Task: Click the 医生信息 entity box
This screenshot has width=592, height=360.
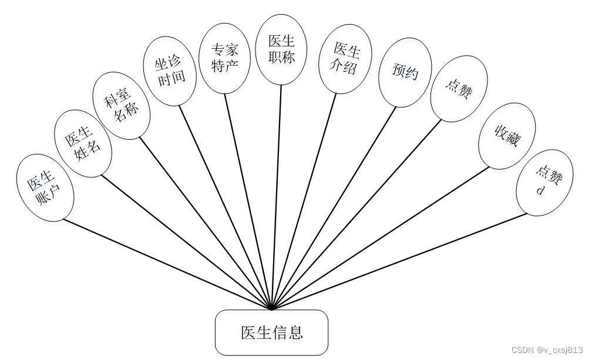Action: tap(271, 332)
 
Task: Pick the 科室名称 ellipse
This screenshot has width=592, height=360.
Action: tap(122, 105)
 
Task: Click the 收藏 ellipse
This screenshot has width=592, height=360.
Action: tap(507, 136)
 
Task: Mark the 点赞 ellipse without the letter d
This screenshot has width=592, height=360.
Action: tap(459, 89)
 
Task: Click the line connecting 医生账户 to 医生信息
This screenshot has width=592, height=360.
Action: tap(167, 264)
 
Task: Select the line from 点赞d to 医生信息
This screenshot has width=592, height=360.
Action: tap(399, 261)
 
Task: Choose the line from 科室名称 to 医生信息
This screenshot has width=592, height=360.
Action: tap(206, 224)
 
